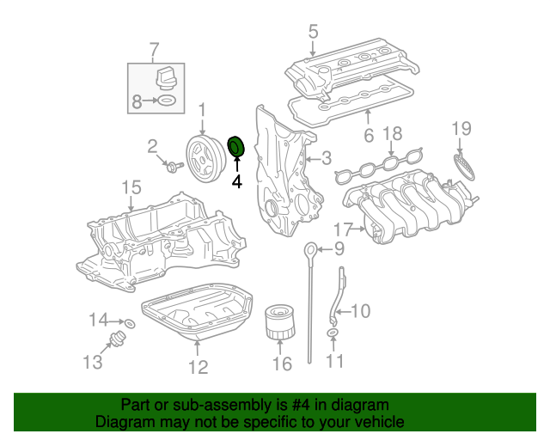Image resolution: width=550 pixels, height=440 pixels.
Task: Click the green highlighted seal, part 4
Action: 235,148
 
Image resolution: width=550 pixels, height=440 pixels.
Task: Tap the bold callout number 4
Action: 236,181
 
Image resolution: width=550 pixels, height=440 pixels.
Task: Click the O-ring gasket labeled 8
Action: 168,101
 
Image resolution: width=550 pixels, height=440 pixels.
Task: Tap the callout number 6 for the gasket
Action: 367,136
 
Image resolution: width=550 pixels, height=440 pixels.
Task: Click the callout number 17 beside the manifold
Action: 343,229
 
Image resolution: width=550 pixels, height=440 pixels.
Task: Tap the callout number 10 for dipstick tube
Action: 361,310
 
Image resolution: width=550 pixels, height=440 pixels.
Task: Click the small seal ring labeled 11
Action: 333,333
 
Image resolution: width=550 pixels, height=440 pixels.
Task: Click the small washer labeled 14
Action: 130,324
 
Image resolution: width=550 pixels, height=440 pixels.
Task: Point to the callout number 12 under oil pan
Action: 199,367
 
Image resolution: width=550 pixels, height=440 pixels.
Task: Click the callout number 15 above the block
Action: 130,186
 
